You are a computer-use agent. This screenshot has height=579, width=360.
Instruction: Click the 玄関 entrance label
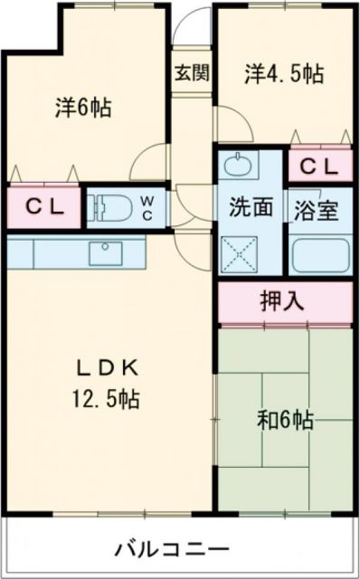(x=192, y=73)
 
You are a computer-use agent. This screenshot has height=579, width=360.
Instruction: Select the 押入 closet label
(x=283, y=301)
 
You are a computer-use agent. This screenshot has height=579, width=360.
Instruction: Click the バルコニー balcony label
(x=172, y=549)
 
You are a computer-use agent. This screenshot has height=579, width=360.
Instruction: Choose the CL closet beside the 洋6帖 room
(x=43, y=206)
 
